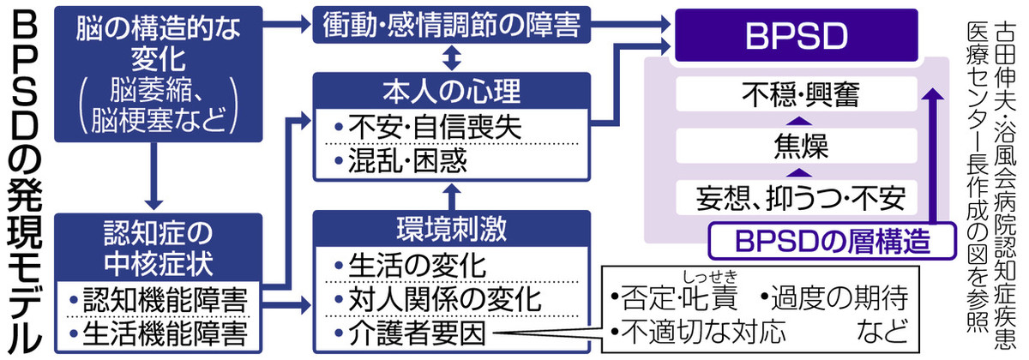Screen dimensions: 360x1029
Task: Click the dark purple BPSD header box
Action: point(803,36)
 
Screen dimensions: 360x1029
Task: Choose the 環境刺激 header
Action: point(451,228)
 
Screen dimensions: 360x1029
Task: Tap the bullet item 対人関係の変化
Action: point(437,297)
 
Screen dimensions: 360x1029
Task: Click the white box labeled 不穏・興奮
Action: point(797,93)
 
